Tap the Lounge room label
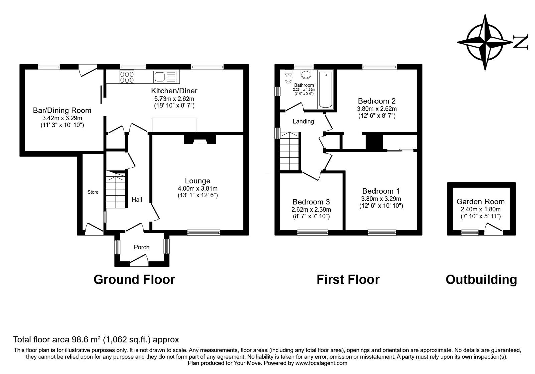pyautogui.click(x=198, y=181)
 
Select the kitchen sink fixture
pyautogui.click(x=165, y=77)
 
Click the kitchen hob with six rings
pyautogui.click(x=127, y=77)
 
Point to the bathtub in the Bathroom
pyautogui.click(x=325, y=89)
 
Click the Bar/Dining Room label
pyautogui.click(x=62, y=110)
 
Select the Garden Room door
pyautogui.click(x=493, y=228)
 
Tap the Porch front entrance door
pyautogui.click(x=139, y=260)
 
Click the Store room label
pyautogui.click(x=93, y=192)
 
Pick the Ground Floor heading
pyautogui.click(x=134, y=279)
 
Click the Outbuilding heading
pyautogui.click(x=481, y=279)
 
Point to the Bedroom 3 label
pyautogui.click(x=311, y=202)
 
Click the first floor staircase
pyautogui.click(x=289, y=151)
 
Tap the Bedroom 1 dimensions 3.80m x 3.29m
pyautogui.click(x=381, y=199)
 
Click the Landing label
pyautogui.click(x=303, y=121)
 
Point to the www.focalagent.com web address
pyautogui.click(x=321, y=363)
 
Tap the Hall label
pyautogui.click(x=137, y=200)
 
